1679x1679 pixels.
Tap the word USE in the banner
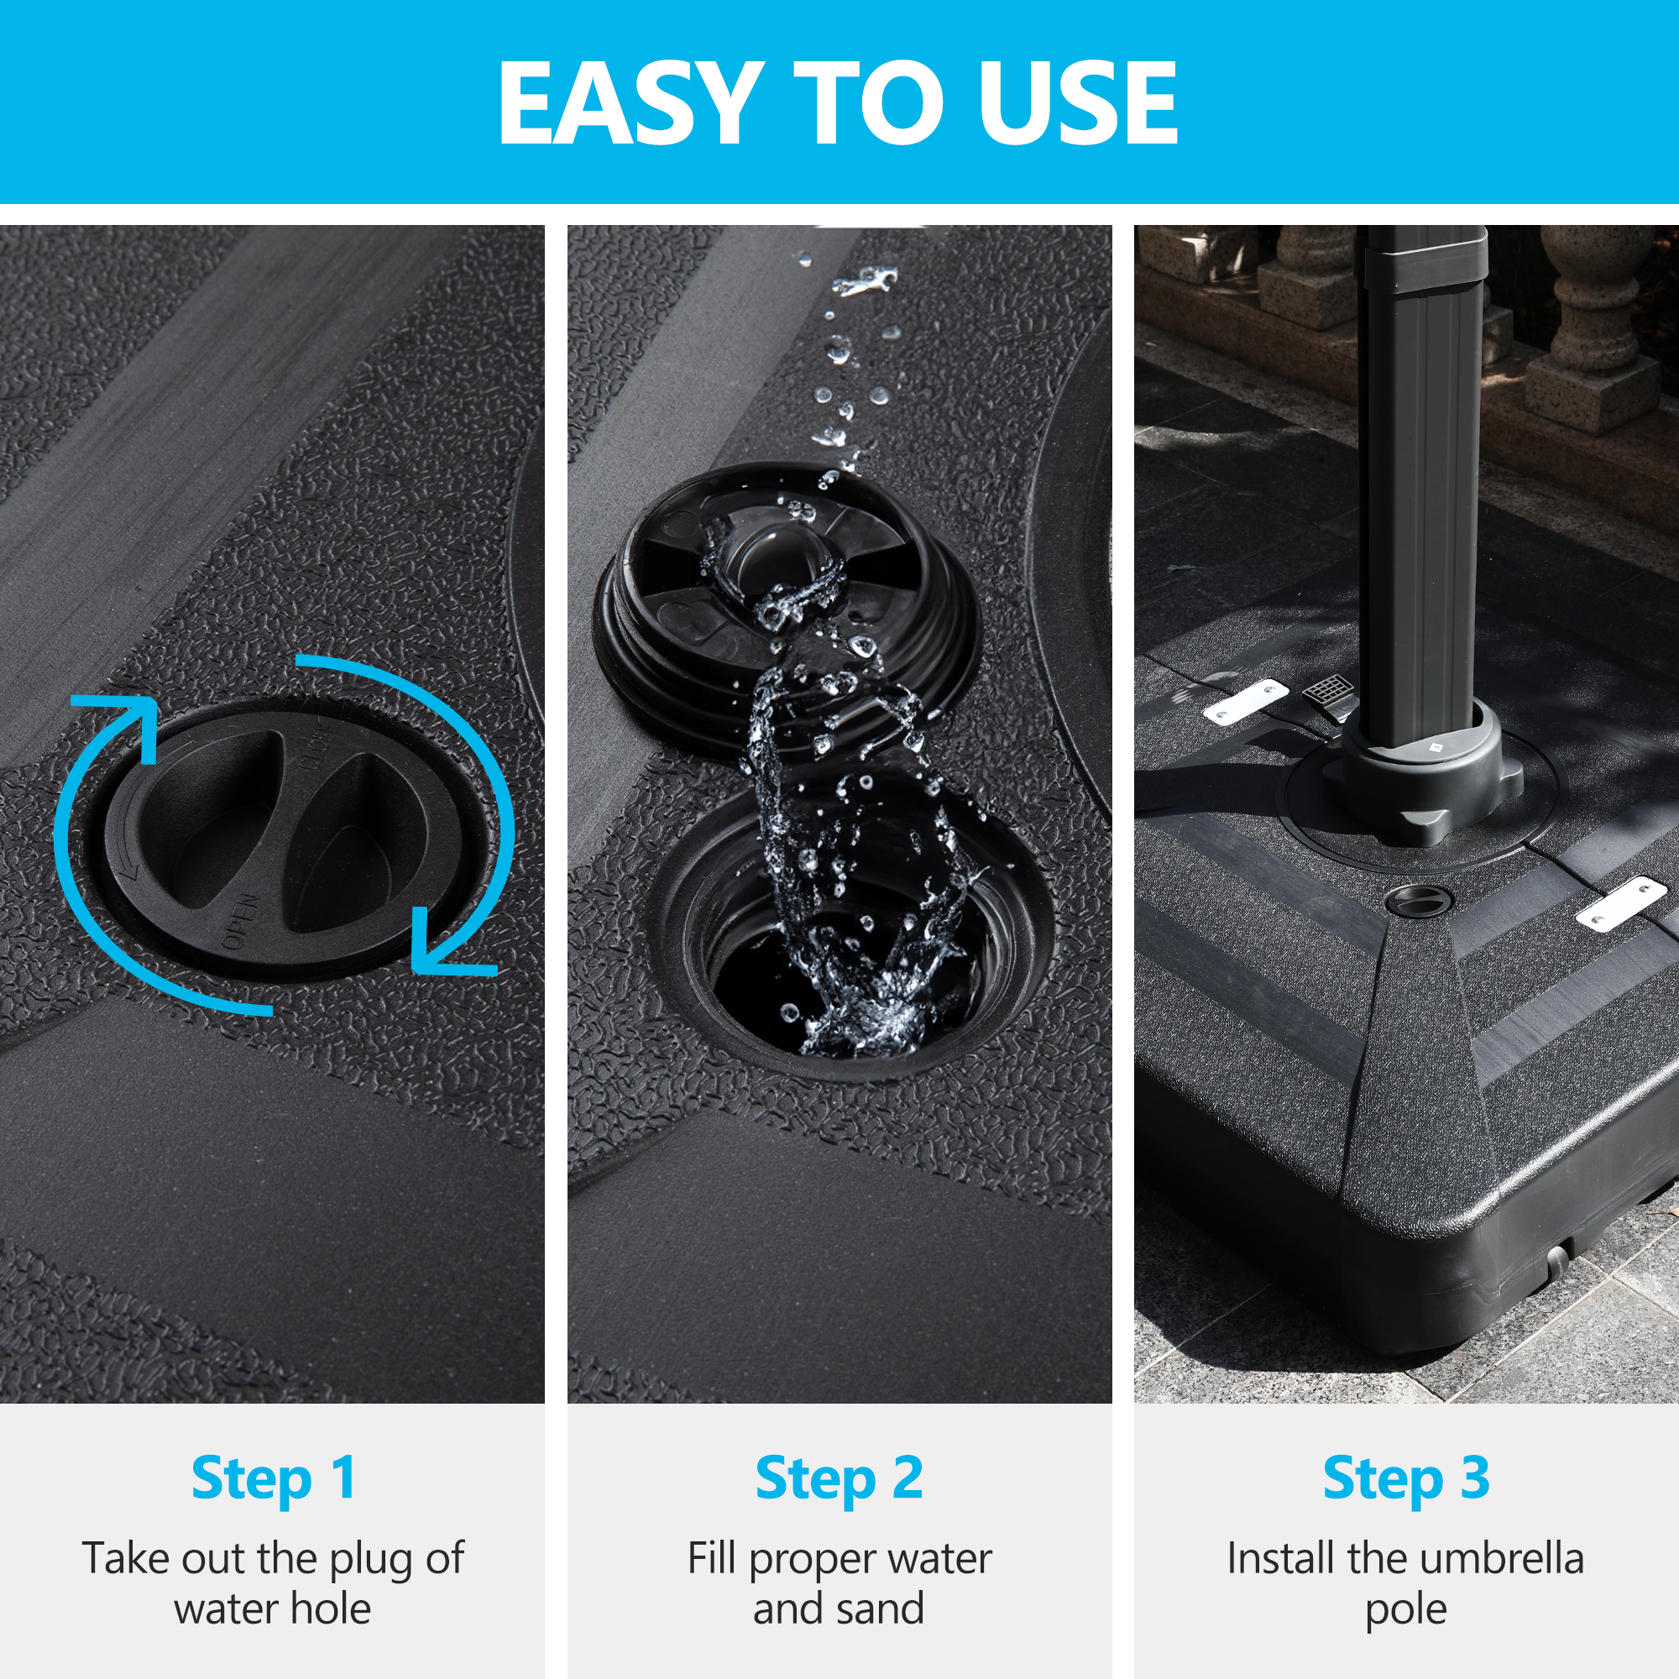pyautogui.click(x=1077, y=102)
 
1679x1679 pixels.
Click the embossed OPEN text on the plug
pyautogui.click(x=240, y=920)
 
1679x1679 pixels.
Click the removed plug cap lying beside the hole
pyautogui.click(x=787, y=609)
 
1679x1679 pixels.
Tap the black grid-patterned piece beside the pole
pyautogui.click(x=1330, y=692)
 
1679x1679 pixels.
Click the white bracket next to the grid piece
pyautogui.click(x=1245, y=700)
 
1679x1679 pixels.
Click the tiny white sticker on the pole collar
pyautogui.click(x=1435, y=745)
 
